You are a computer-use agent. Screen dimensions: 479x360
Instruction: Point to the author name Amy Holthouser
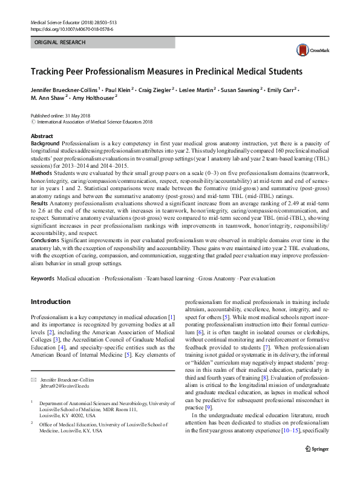(x=93, y=97)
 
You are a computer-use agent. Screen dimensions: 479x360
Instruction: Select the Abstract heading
(x=42, y=136)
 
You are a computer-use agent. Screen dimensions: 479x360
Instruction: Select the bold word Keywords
(x=42, y=279)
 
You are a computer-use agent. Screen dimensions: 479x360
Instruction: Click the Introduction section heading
(x=50, y=302)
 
